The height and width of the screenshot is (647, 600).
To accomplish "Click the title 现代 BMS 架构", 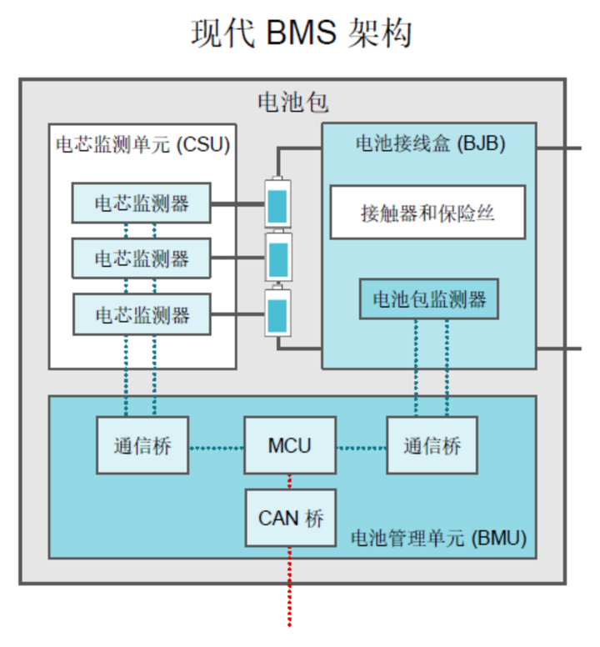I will point(302,34).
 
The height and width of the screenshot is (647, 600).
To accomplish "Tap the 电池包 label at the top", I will point(293,103).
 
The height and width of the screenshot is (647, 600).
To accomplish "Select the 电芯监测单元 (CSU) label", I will point(142,144).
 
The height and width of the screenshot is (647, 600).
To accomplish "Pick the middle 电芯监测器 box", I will point(141,258).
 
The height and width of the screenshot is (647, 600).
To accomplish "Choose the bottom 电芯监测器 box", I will point(141,314).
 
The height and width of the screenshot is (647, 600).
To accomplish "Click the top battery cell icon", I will point(277,203).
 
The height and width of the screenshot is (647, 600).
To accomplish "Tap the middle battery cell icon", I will point(277,258).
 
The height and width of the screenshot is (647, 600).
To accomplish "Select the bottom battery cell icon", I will point(277,313).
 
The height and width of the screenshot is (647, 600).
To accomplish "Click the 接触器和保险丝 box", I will point(428,213).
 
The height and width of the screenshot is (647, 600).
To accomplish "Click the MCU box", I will point(290,446).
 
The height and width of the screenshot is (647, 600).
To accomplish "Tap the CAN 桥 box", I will point(290,518).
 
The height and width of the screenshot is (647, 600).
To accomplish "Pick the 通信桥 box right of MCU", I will point(432,446).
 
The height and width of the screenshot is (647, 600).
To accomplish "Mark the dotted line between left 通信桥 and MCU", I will point(216,448).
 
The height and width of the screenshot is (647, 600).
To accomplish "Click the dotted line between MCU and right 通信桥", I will point(362,448).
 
